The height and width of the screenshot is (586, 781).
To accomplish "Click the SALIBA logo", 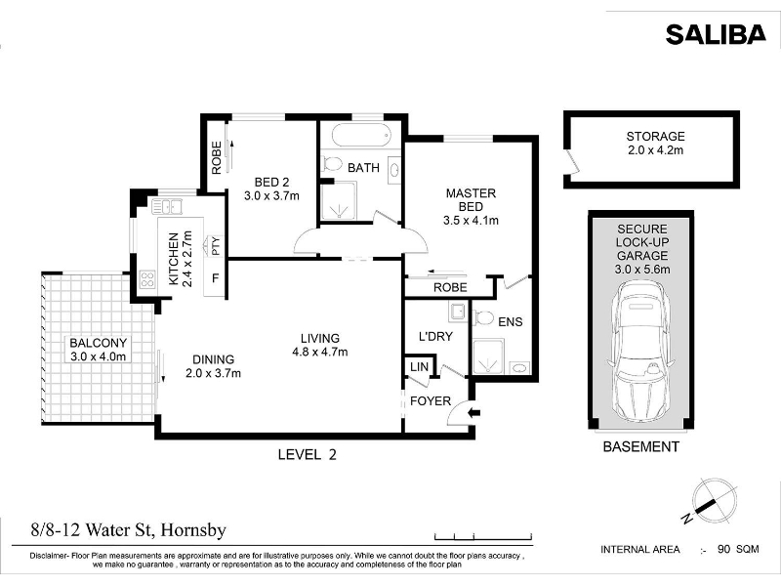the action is (x=716, y=34).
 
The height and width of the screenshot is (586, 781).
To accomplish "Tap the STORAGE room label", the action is (x=655, y=136).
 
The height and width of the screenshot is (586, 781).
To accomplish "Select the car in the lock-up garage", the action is (x=640, y=352).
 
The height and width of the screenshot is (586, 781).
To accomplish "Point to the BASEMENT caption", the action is (x=641, y=446).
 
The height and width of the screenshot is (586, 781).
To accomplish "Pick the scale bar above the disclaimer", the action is (x=483, y=536).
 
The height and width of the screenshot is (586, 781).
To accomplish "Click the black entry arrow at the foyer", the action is (x=474, y=412).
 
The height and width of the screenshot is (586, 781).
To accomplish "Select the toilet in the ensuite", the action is (x=483, y=316).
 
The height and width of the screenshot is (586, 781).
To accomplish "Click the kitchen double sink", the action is (x=167, y=206).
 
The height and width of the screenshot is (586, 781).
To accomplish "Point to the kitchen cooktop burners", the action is (x=147, y=279).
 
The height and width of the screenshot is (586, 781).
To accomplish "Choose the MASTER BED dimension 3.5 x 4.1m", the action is (x=471, y=220).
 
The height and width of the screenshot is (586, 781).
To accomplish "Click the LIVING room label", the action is (x=320, y=338).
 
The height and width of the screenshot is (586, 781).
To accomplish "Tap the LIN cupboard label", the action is (x=420, y=367).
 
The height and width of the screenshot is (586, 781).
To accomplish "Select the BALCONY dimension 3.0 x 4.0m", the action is (x=99, y=356).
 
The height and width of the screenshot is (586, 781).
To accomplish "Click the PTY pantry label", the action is (x=216, y=246).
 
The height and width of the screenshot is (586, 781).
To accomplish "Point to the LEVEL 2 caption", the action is (x=307, y=454).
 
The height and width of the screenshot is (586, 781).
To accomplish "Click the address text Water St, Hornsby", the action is (x=156, y=529).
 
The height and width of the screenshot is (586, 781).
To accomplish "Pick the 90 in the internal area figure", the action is (x=723, y=549).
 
